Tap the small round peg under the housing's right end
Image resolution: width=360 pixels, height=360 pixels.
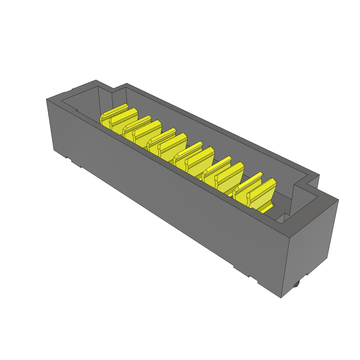(x=296, y=284)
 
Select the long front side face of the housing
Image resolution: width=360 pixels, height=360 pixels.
(x=169, y=197)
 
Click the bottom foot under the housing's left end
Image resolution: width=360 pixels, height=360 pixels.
(x=76, y=163)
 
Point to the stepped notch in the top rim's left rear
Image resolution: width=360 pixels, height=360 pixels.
(x=112, y=90)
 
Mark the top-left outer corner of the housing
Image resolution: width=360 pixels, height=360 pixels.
(x=47, y=99)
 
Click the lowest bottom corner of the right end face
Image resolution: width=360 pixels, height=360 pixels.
(x=281, y=297)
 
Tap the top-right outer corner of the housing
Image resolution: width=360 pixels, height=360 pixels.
(x=338, y=200)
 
